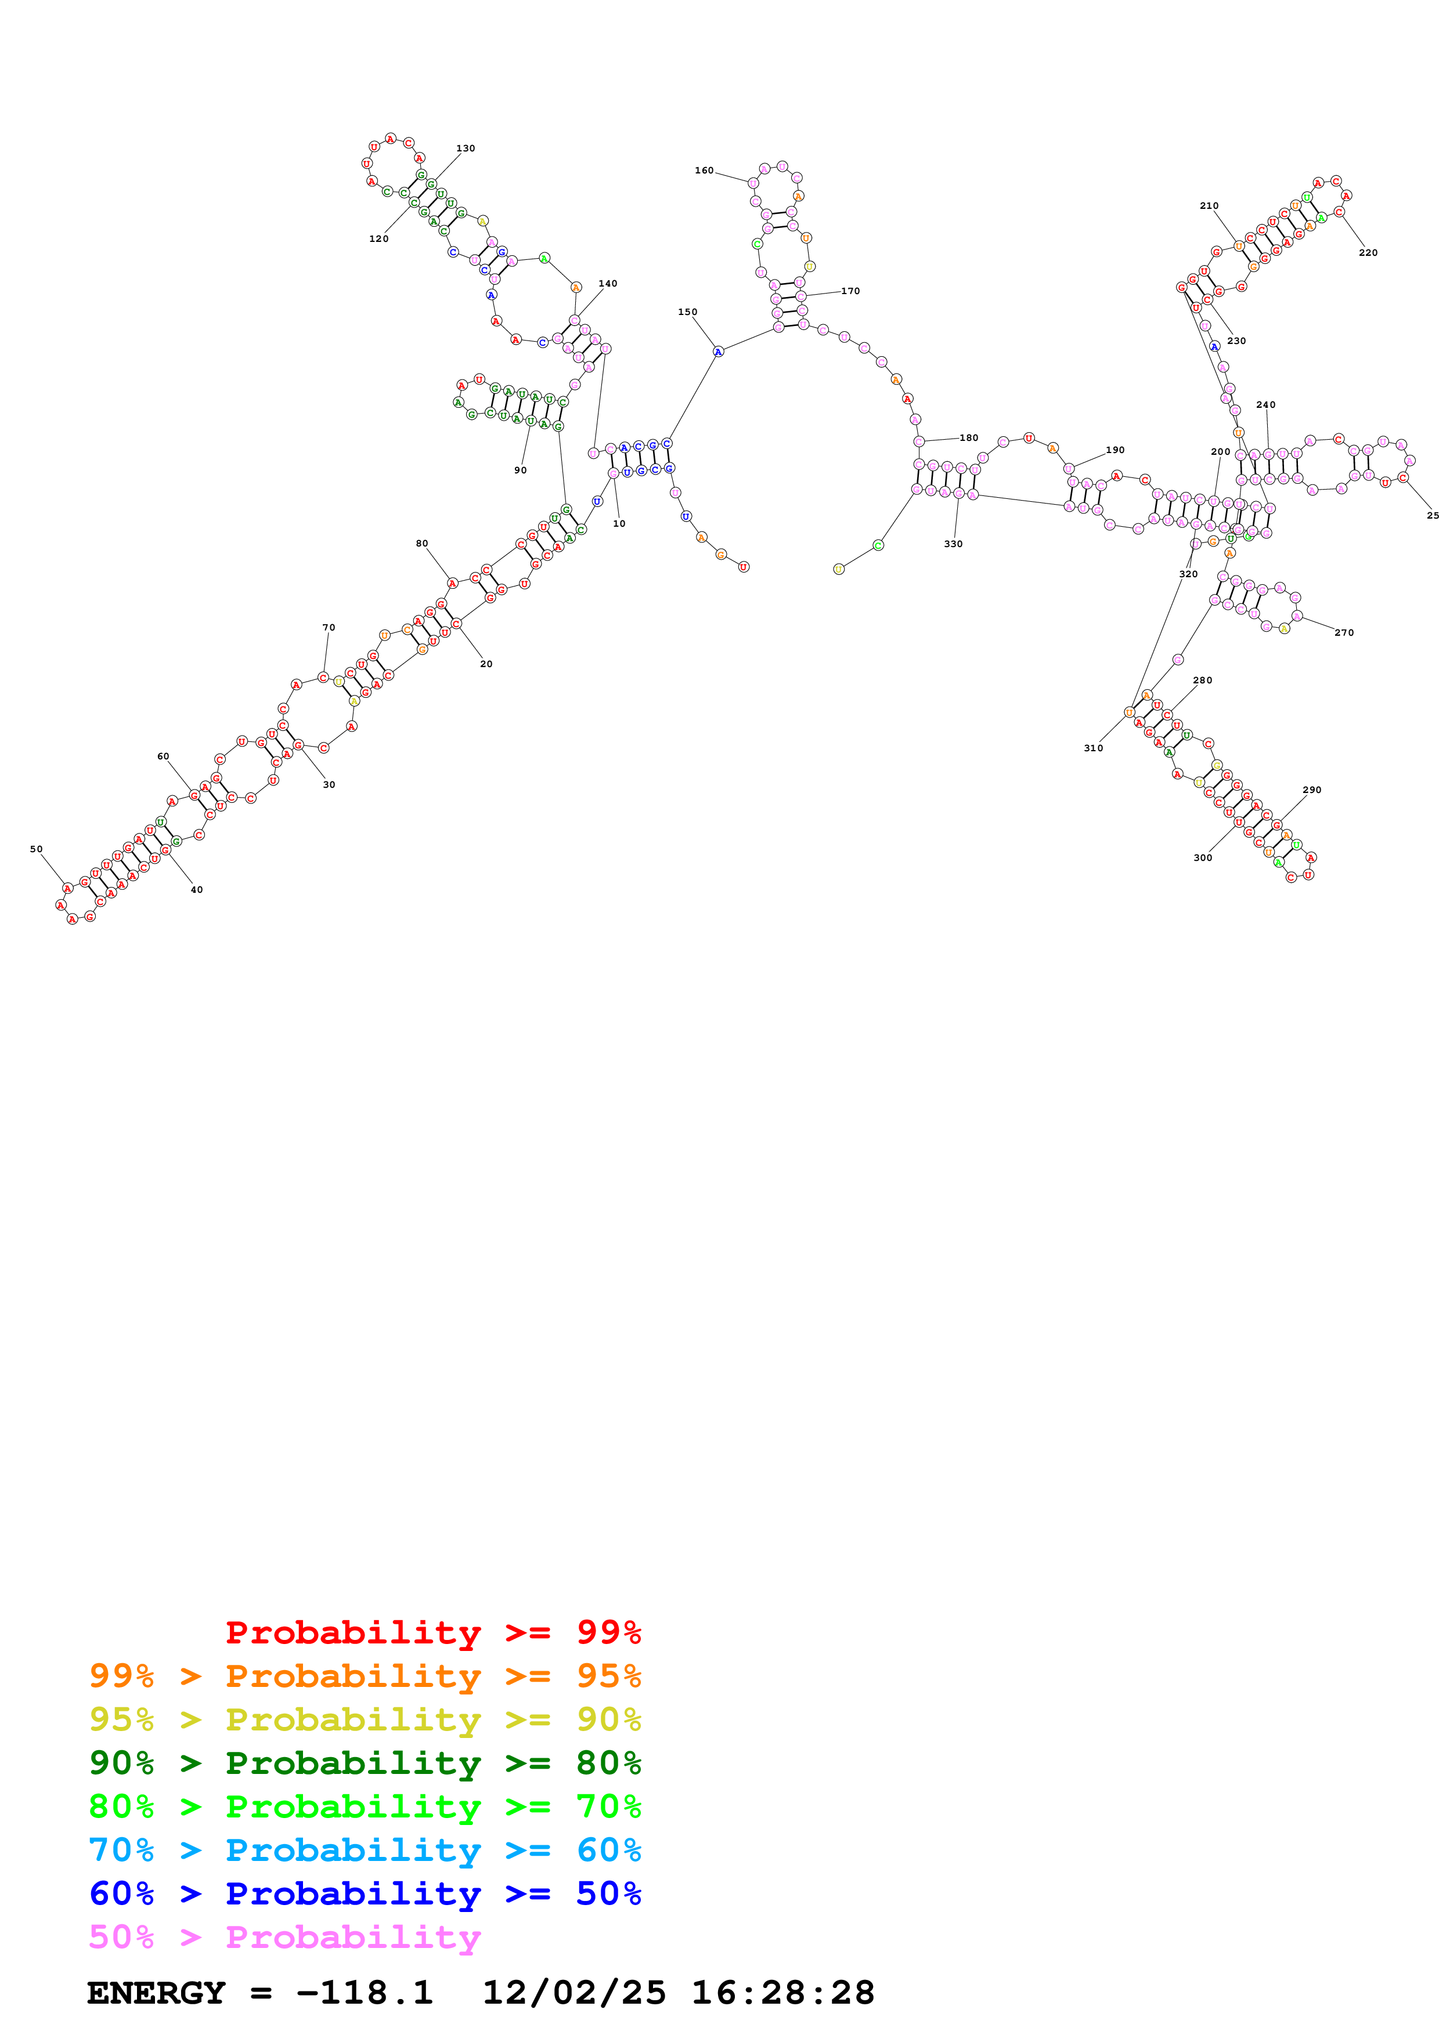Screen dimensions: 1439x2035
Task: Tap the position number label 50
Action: point(37,849)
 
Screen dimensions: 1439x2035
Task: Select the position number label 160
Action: point(704,170)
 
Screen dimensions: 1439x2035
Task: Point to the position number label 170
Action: point(850,291)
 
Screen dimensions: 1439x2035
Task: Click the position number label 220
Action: point(1368,252)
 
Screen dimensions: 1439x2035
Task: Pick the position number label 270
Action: point(1344,633)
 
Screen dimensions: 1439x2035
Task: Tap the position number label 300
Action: point(1202,858)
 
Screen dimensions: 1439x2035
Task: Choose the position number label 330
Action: point(953,544)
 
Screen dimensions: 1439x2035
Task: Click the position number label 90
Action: point(521,470)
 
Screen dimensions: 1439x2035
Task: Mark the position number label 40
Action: point(197,890)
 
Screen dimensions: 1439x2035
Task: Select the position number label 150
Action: point(687,312)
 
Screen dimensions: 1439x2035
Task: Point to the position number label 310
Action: point(1093,748)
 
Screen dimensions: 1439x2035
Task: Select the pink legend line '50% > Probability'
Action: point(284,1938)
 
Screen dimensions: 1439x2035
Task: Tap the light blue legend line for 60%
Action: point(365,1851)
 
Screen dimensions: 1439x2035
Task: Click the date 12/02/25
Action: point(574,1993)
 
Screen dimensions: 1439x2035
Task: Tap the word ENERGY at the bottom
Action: point(156,1993)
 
